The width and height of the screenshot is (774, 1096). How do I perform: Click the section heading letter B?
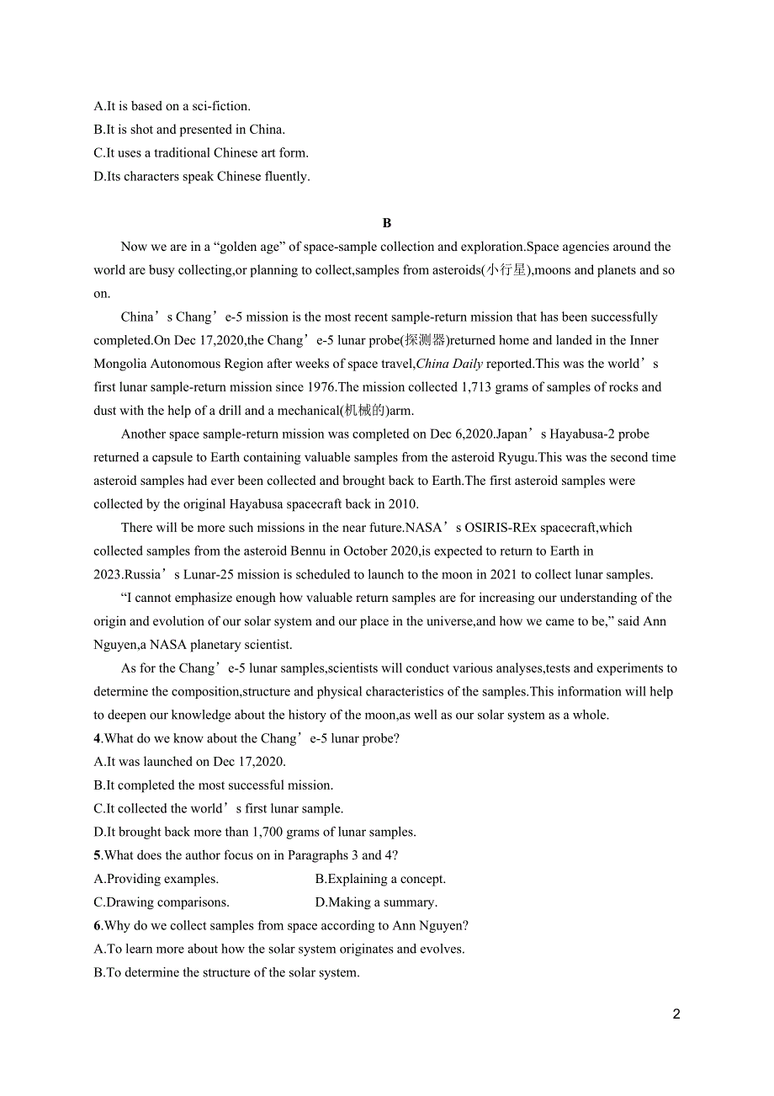point(387,223)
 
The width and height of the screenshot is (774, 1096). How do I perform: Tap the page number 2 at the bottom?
point(676,1014)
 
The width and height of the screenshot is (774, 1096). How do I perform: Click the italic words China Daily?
point(449,364)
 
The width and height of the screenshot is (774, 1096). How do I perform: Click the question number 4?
point(97,738)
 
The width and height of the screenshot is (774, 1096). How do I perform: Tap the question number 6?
point(97,925)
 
